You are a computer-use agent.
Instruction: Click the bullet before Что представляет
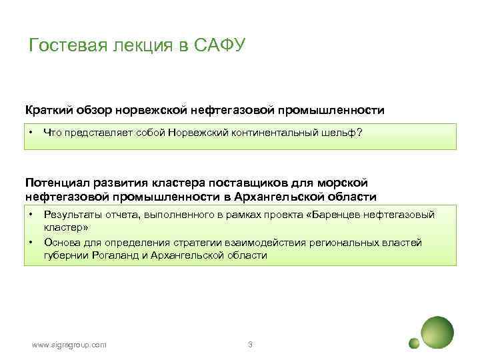click(x=31, y=132)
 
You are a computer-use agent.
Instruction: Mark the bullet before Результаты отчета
click(x=31, y=214)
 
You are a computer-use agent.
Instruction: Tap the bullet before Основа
click(x=31, y=243)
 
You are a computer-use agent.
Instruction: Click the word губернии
click(x=63, y=255)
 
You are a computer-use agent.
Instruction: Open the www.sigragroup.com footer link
click(x=69, y=345)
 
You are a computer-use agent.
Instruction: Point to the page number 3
click(x=249, y=345)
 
